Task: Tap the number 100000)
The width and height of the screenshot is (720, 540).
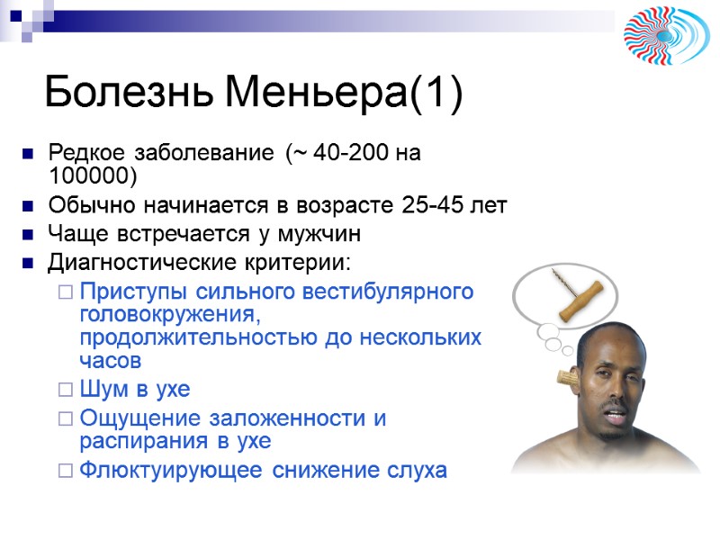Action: pyautogui.click(x=94, y=174)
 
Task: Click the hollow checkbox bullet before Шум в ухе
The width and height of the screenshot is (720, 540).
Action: pyautogui.click(x=65, y=391)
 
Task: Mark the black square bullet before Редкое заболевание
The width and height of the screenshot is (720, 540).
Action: pyautogui.click(x=29, y=154)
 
